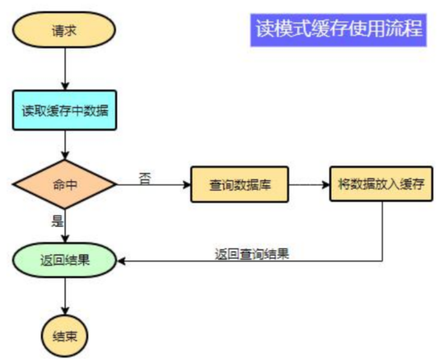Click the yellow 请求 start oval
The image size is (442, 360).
coord(64,32)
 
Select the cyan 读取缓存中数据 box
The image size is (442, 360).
coord(64,110)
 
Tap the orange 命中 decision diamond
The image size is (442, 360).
coord(64,185)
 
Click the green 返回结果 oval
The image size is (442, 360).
coord(64,260)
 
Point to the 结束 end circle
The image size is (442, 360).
coord(64,335)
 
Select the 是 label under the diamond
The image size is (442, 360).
coord(57,221)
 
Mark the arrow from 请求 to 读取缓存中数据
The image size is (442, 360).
coord(64,69)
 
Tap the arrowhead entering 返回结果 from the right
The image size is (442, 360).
coord(122,261)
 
